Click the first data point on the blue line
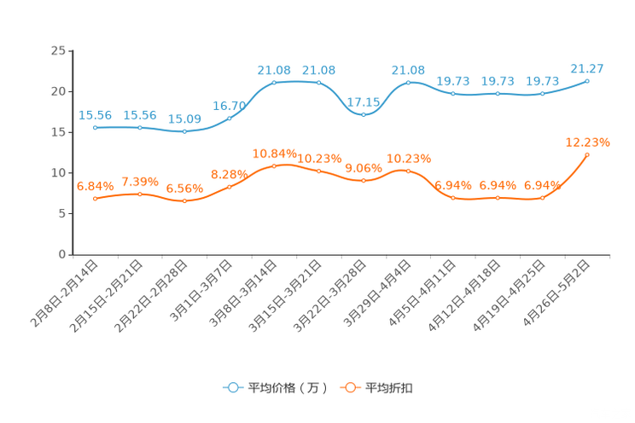pyautogui.click(x=96, y=127)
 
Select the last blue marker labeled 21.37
pyautogui.click(x=587, y=81)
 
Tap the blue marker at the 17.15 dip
pyautogui.click(x=364, y=114)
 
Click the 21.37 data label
pyautogui.click(x=587, y=67)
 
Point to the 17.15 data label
pyautogui.click(x=364, y=101)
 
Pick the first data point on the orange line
pyautogui.click(x=96, y=198)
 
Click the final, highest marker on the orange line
pyautogui.click(x=587, y=154)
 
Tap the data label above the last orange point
pyautogui.click(x=587, y=142)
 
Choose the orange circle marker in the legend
pyautogui.click(x=349, y=387)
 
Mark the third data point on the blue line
pyautogui.click(x=185, y=131)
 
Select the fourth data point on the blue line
pyautogui.click(x=230, y=119)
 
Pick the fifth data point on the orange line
pyautogui.click(x=274, y=165)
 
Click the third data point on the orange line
pyautogui.click(x=185, y=200)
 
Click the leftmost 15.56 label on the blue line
pyautogui.click(x=96, y=115)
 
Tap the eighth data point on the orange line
pyautogui.click(x=408, y=171)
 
